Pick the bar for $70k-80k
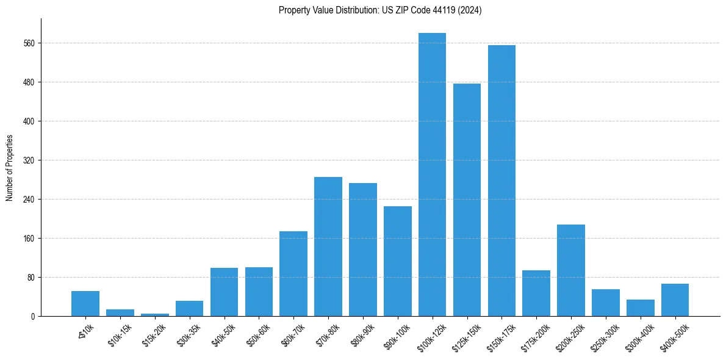[x=328, y=247]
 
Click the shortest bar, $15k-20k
[x=154, y=314]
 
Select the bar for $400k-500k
[x=675, y=300]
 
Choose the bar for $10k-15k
[x=120, y=312]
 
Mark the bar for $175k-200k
[x=536, y=293]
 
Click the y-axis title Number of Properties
[x=9, y=168]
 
